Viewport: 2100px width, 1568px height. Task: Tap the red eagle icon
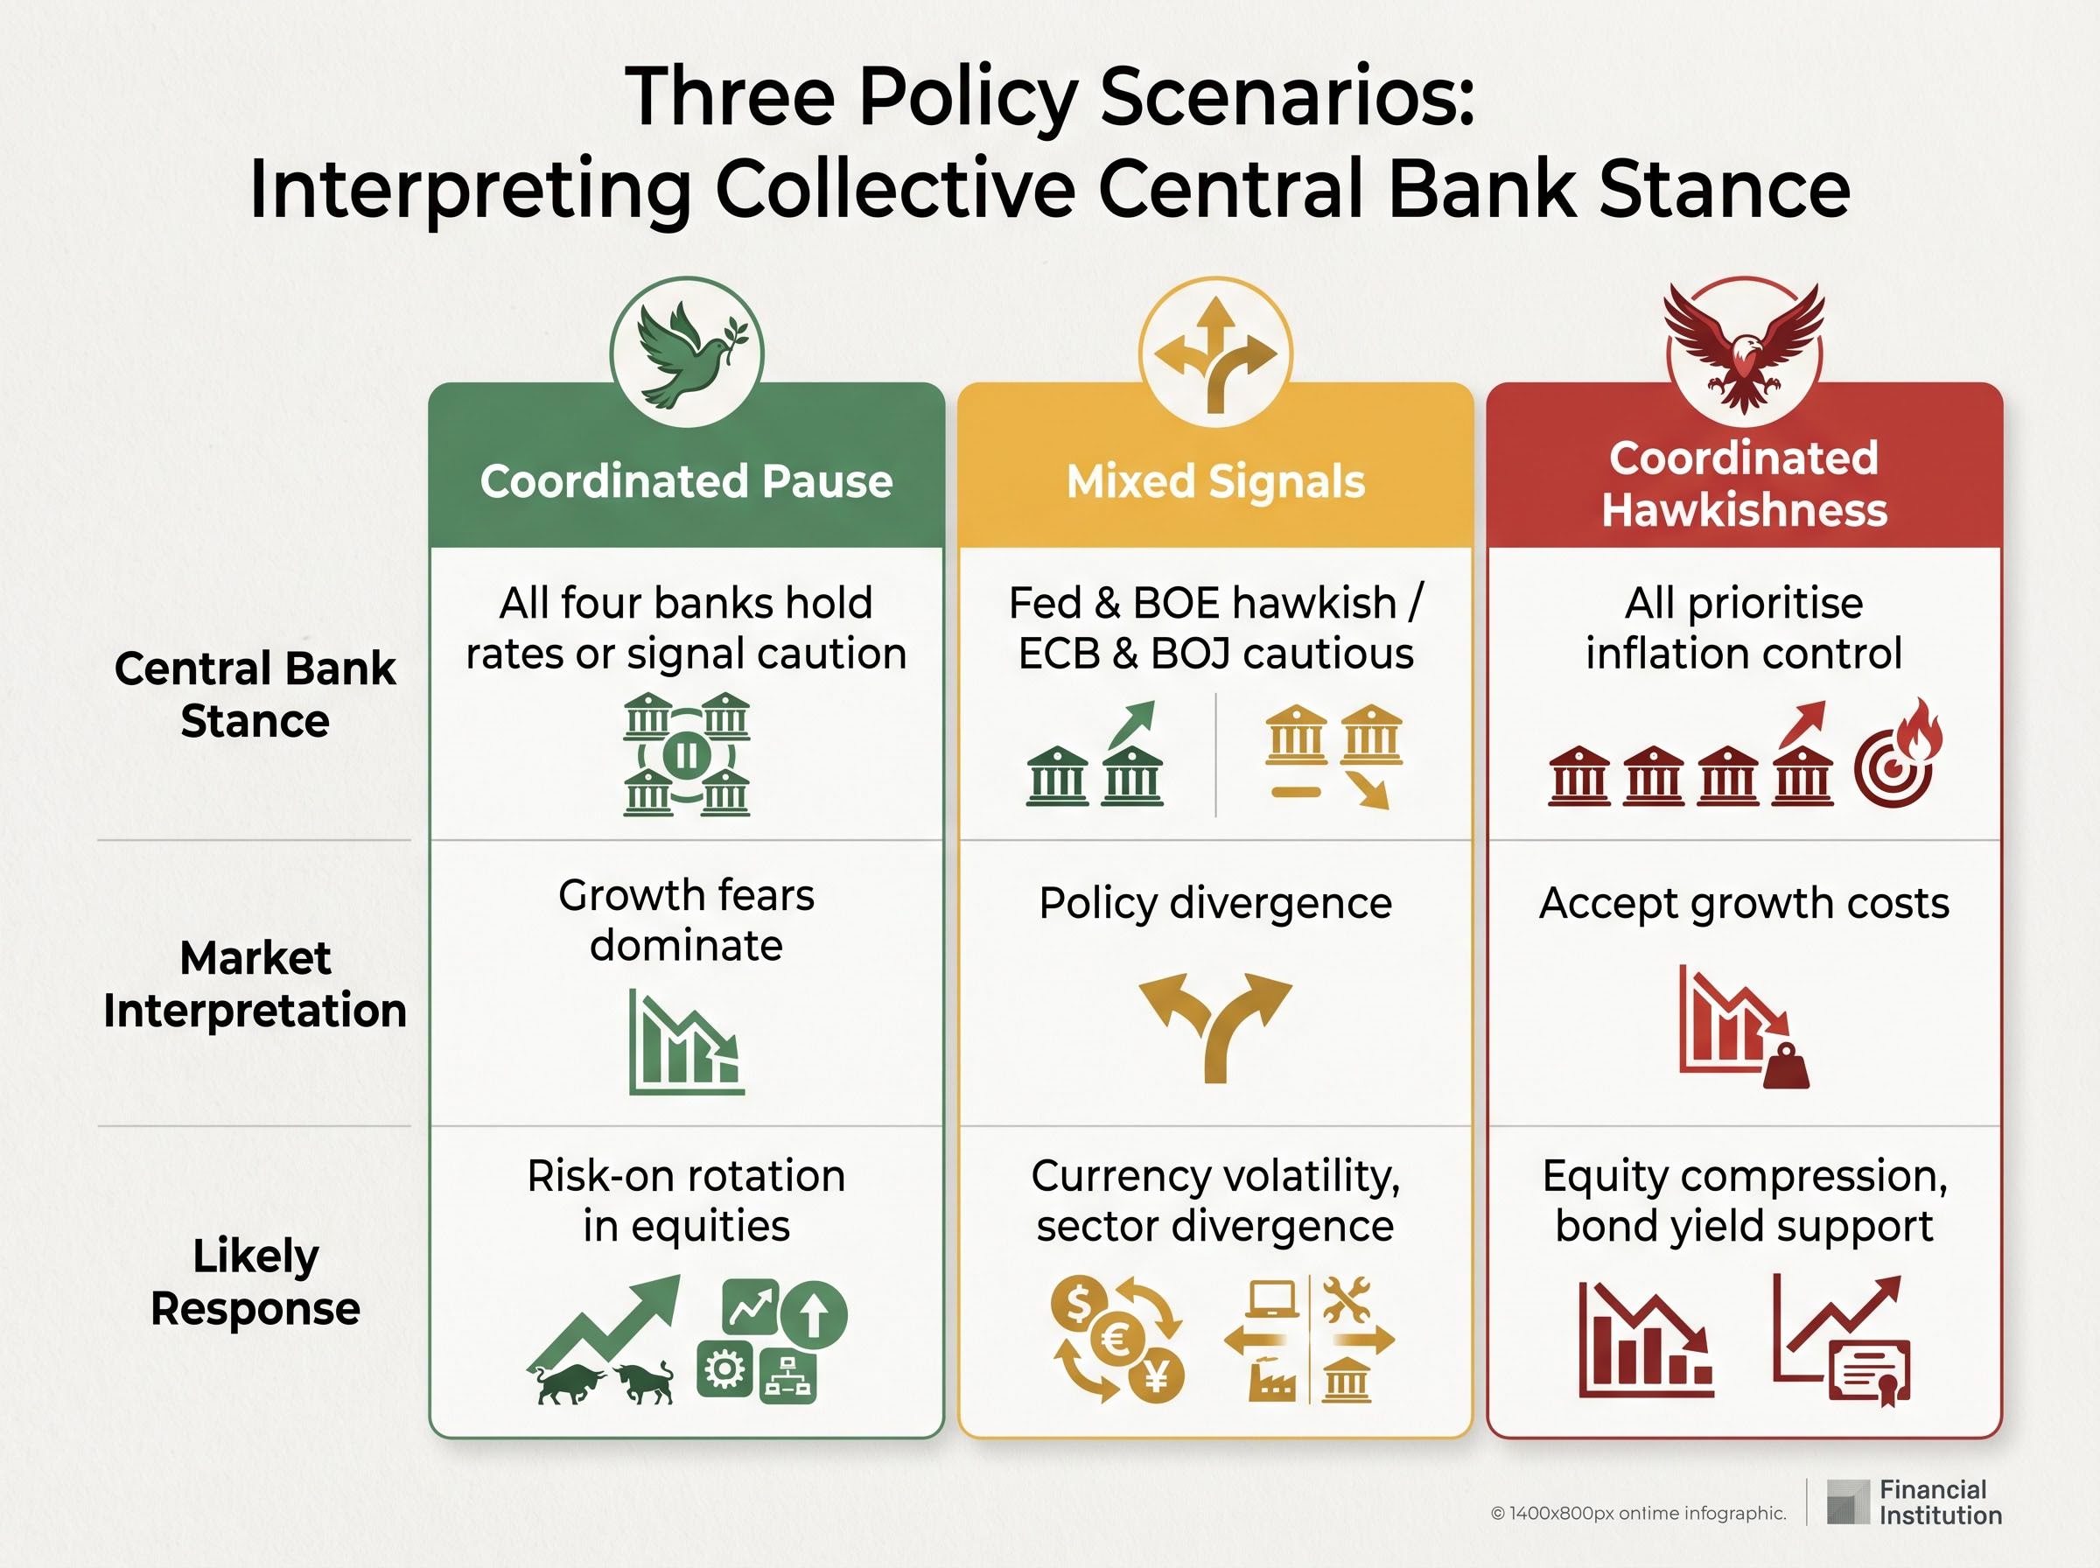pos(1744,347)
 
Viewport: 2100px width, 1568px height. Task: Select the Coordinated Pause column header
pos(686,481)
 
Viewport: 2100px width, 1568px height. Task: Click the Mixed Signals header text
pos(1215,481)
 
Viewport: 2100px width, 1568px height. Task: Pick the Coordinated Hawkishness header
pos(1744,484)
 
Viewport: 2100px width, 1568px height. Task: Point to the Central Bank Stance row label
pos(255,695)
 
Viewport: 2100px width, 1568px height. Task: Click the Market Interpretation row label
pos(255,984)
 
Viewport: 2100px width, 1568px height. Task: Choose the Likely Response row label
pos(255,1282)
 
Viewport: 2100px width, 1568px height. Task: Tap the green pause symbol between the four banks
pos(686,755)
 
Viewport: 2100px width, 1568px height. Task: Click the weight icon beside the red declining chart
pos(1786,1067)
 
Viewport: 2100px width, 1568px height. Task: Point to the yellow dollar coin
pos(1079,1306)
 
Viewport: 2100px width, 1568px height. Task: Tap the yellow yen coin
pos(1157,1375)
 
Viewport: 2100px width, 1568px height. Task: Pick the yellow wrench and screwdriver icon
pos(1347,1299)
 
